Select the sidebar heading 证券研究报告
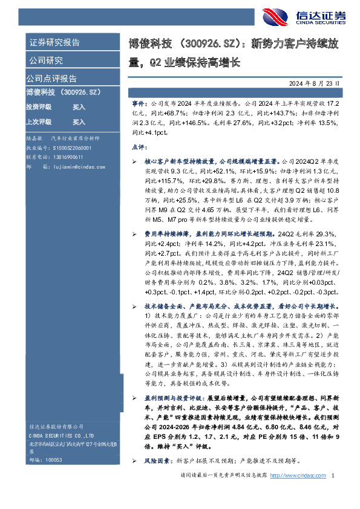tap(54, 43)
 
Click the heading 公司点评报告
tap(51, 79)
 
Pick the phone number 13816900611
tap(67, 156)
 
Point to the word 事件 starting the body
tap(139, 105)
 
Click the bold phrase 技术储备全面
tap(163, 306)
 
